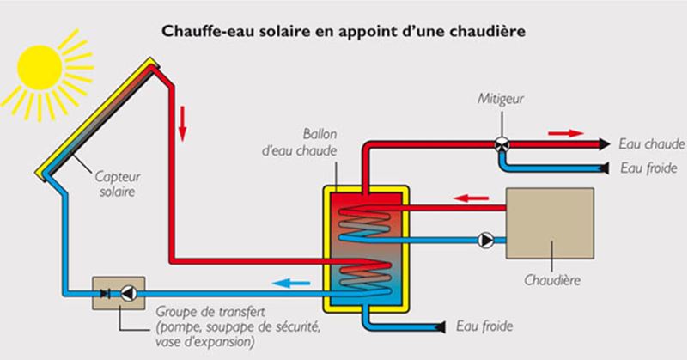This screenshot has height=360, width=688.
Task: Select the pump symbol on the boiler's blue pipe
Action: pyautogui.click(x=486, y=239)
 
